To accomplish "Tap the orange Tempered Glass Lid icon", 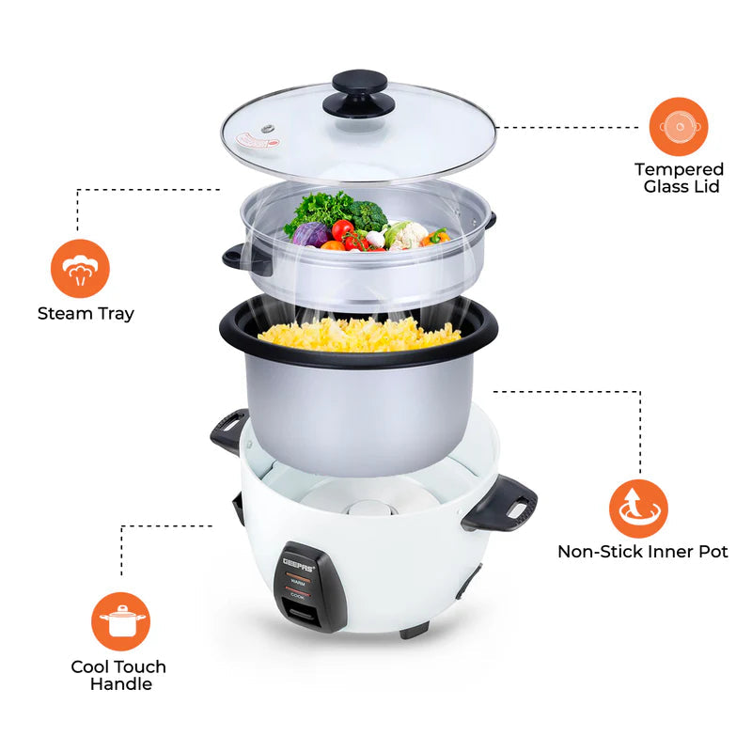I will click(x=678, y=126).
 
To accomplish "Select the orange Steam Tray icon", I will click(x=81, y=269).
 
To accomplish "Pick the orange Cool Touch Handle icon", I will click(x=120, y=621).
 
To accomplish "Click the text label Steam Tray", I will click(x=86, y=313).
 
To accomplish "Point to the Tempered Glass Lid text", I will click(x=679, y=178).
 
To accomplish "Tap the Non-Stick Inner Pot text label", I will click(x=642, y=552).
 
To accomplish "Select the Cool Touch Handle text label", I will click(x=119, y=675).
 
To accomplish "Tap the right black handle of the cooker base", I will click(x=499, y=503).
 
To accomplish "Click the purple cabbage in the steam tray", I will click(x=311, y=234).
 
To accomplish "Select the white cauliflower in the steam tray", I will click(x=408, y=234).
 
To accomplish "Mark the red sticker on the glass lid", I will click(x=258, y=141).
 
